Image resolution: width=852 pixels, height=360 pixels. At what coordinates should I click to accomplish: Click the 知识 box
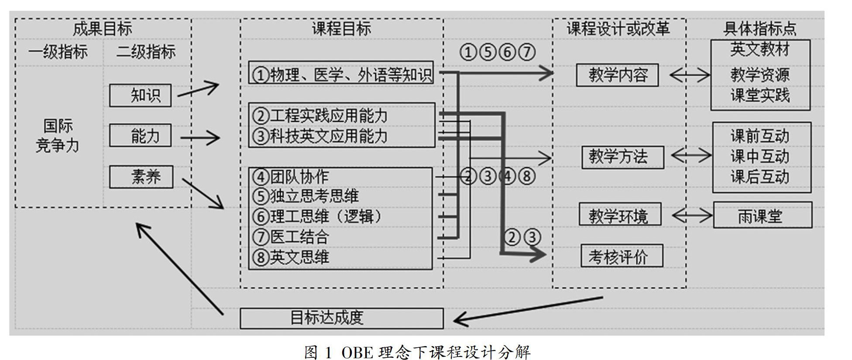click(140, 95)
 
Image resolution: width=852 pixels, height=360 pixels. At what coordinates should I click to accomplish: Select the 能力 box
click(140, 136)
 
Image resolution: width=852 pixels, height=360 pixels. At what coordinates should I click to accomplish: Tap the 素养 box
click(141, 177)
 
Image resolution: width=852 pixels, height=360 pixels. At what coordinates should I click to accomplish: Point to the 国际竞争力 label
click(58, 136)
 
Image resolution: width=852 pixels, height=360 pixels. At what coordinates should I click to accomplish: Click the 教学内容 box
click(617, 75)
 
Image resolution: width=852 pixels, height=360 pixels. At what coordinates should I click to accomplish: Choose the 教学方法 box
click(622, 157)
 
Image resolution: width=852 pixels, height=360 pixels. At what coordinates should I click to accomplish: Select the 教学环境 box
click(620, 214)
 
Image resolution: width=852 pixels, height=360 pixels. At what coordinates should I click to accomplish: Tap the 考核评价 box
click(622, 256)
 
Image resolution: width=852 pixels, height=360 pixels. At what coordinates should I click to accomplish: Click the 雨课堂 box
click(763, 215)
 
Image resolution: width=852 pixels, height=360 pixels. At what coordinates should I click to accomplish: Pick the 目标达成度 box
click(341, 318)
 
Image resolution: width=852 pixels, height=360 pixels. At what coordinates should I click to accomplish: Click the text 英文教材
click(760, 50)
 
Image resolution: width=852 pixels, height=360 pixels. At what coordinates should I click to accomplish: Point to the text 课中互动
click(760, 157)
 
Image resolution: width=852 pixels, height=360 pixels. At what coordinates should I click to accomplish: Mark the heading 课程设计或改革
click(618, 29)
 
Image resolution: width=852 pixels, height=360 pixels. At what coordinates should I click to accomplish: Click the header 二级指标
click(146, 52)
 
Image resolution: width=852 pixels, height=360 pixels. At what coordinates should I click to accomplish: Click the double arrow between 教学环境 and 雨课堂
click(692, 215)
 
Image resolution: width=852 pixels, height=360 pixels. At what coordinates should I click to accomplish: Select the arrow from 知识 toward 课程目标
click(198, 89)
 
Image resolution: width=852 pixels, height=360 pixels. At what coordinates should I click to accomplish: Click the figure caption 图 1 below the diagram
click(417, 352)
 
